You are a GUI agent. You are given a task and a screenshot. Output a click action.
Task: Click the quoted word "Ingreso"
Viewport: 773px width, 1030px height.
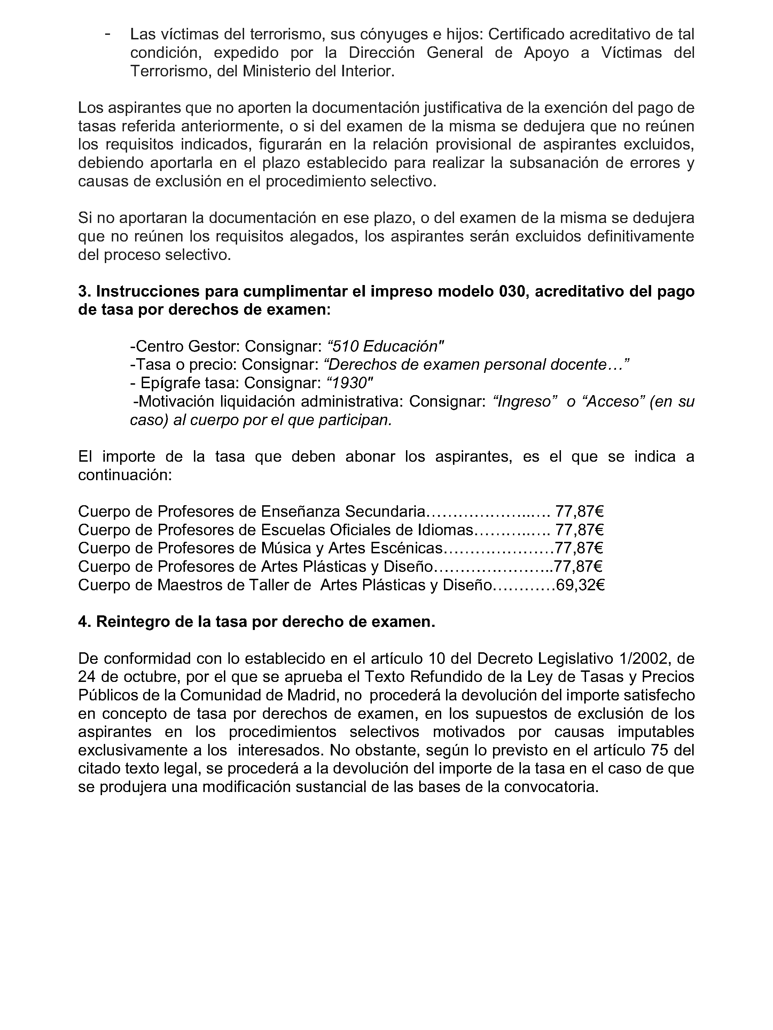coord(524,401)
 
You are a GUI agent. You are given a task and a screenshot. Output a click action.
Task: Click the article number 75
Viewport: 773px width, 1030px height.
coord(656,750)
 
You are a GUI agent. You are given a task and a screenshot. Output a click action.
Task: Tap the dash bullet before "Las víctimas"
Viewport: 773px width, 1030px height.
coord(108,34)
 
